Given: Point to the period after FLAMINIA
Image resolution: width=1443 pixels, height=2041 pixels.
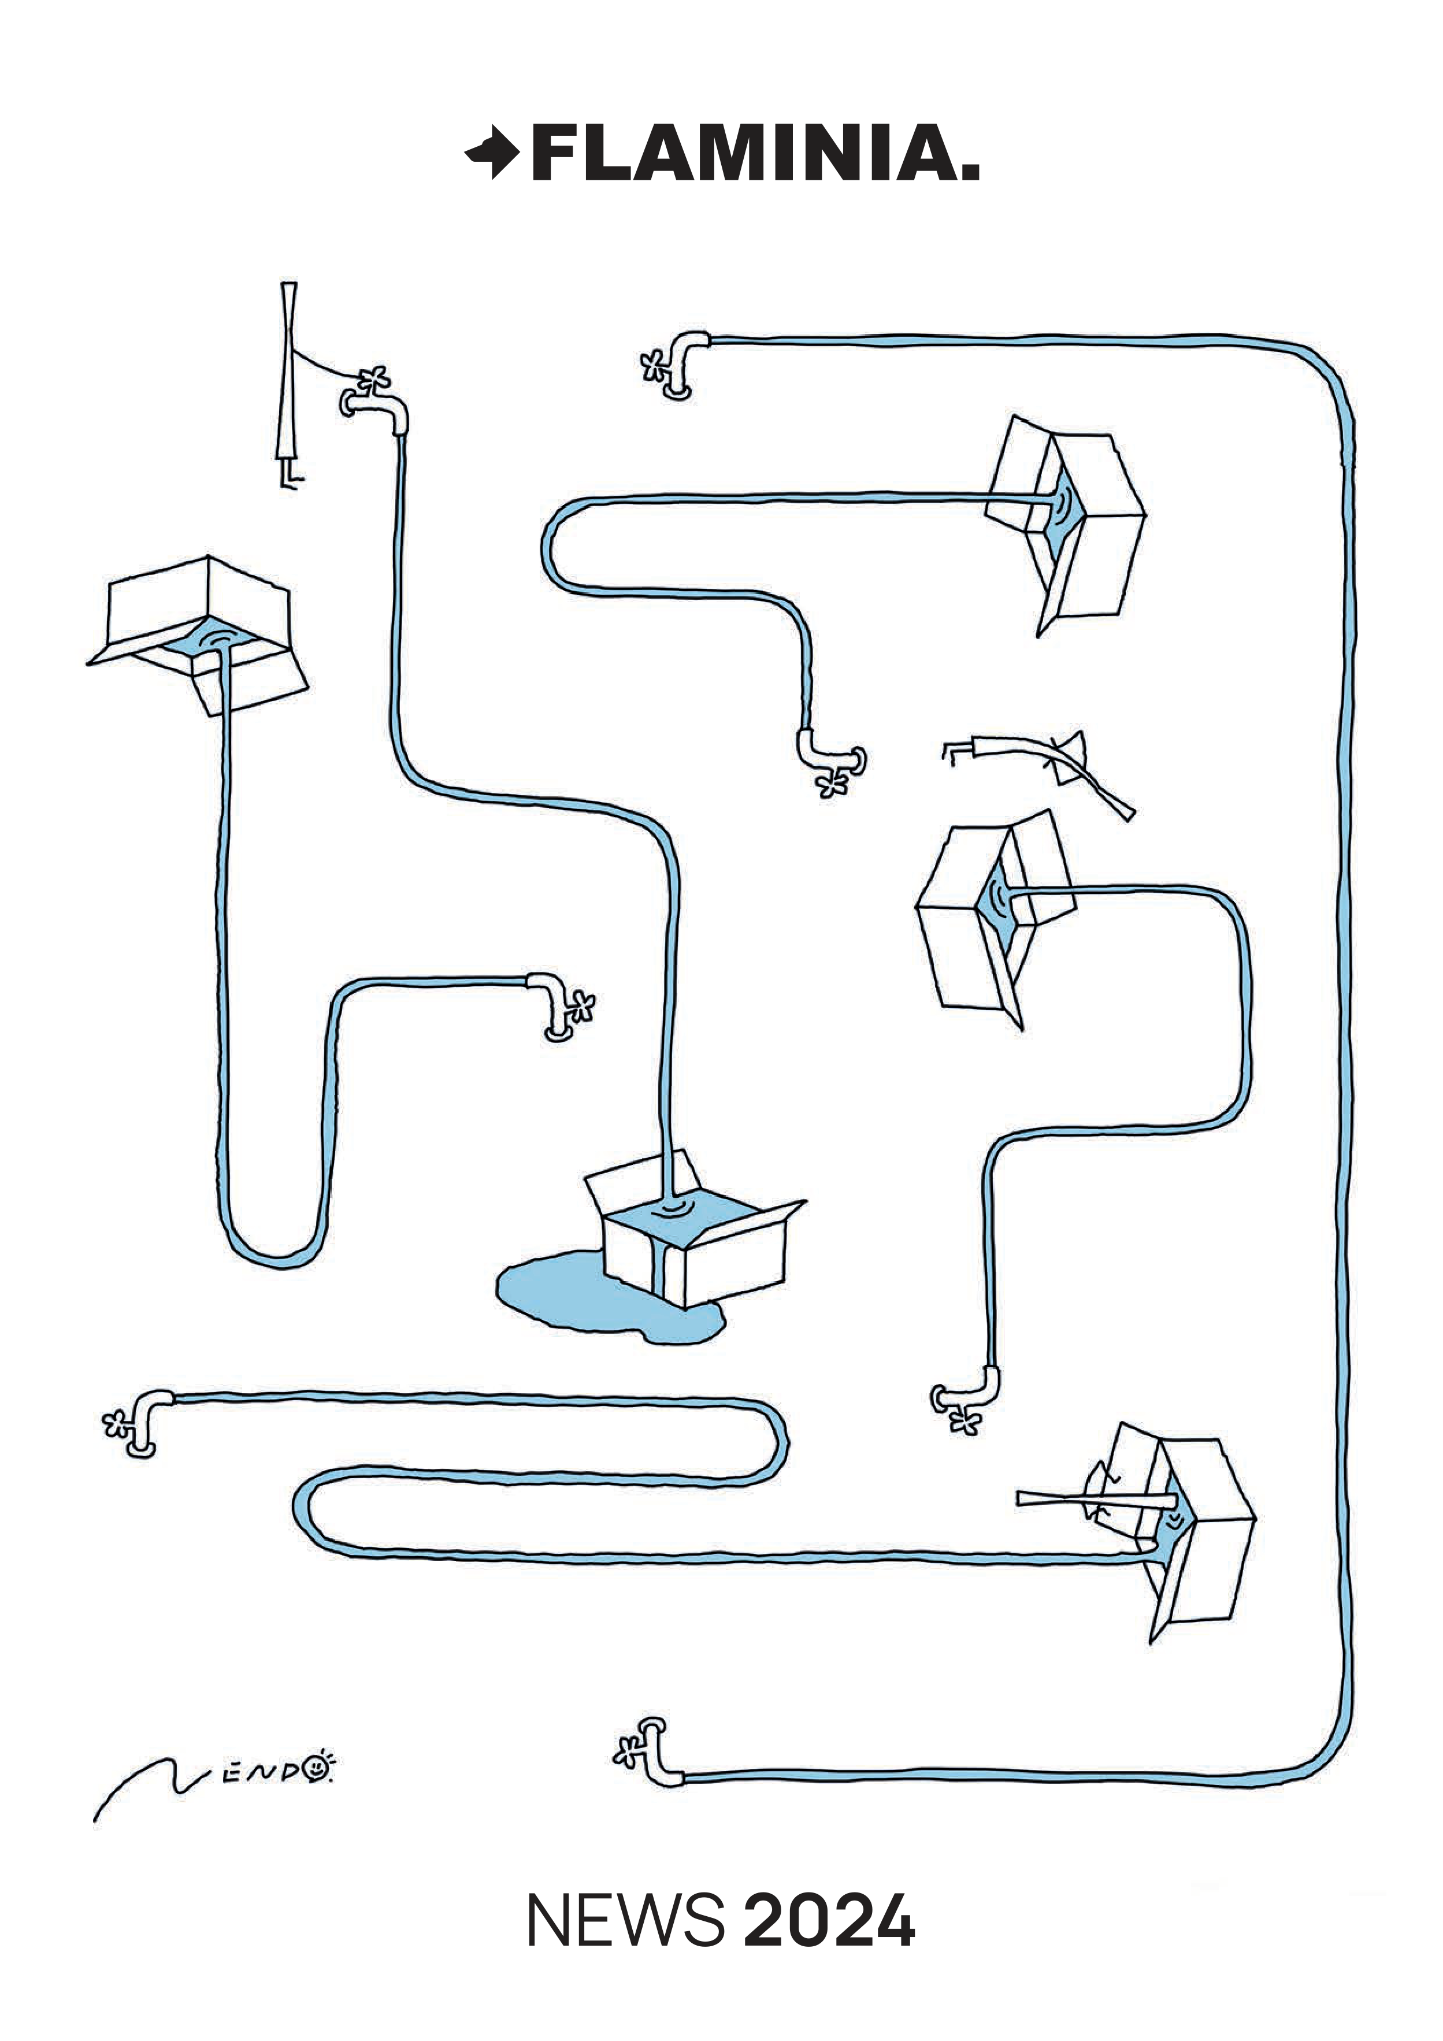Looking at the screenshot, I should (970, 172).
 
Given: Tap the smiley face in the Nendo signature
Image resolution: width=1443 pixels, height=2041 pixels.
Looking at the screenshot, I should (315, 1770).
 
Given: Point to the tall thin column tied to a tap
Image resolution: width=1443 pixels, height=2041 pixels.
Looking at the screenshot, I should (288, 382).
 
